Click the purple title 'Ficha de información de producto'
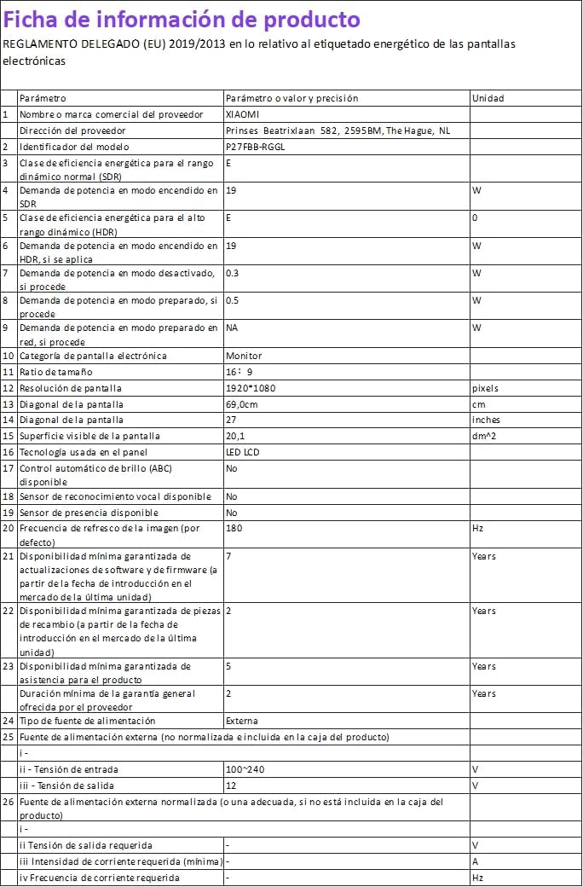coord(182,19)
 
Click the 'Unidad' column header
coord(488,98)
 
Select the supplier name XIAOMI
coord(242,114)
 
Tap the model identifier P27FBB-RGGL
coord(256,147)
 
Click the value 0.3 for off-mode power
coord(232,273)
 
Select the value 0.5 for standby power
coord(232,300)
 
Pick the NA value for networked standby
coord(232,328)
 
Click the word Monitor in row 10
coord(244,356)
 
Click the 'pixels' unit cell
coord(485,388)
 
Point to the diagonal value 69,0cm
coord(242,404)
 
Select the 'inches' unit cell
coord(486,420)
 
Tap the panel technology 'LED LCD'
coord(243,452)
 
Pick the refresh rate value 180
coord(234,528)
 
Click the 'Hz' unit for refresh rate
coord(477,528)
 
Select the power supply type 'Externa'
coord(242,721)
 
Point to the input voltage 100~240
coord(245,769)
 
